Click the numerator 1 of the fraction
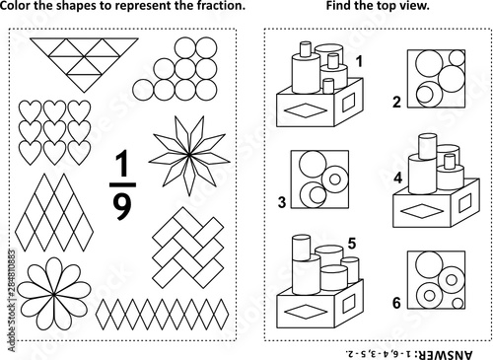click(123, 164)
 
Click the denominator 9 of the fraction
click(122, 205)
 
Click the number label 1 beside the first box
click(359, 61)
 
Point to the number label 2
click(396, 102)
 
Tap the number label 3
click(282, 202)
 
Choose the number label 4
click(398, 178)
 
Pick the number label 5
click(352, 244)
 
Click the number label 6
click(396, 303)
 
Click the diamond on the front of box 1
click(306, 110)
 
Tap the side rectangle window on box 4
click(464, 203)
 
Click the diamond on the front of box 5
click(306, 312)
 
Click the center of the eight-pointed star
click(189, 154)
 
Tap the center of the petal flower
click(53, 294)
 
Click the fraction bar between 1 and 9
click(122, 184)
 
